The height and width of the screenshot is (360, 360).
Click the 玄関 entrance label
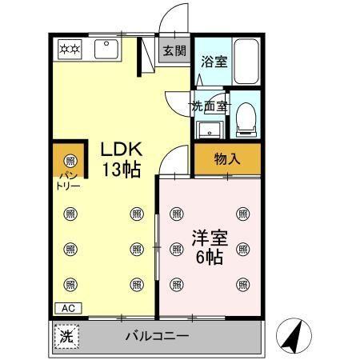pos(174,50)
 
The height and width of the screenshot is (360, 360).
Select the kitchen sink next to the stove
pos(106,50)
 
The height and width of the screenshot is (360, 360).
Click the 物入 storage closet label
pos(227,158)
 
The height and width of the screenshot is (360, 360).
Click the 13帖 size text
pos(121,170)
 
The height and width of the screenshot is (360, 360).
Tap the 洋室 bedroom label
pos(206,238)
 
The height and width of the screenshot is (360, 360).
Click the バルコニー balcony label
pos(157,336)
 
